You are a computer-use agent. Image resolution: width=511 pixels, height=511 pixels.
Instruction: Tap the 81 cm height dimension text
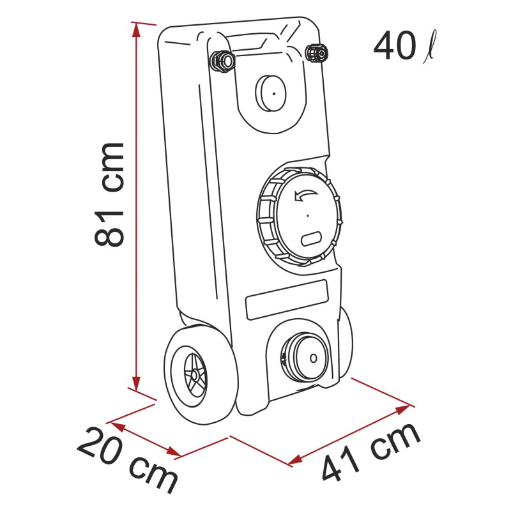pyautogui.click(x=109, y=194)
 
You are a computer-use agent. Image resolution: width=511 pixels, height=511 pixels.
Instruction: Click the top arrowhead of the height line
pyautogui.click(x=135, y=27)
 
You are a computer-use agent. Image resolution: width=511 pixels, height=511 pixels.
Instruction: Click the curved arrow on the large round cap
pyautogui.click(x=305, y=195)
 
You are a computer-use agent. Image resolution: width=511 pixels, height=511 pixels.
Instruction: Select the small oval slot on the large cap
pyautogui.click(x=311, y=238)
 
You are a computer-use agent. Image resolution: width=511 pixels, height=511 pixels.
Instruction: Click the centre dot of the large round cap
pyautogui.click(x=307, y=216)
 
